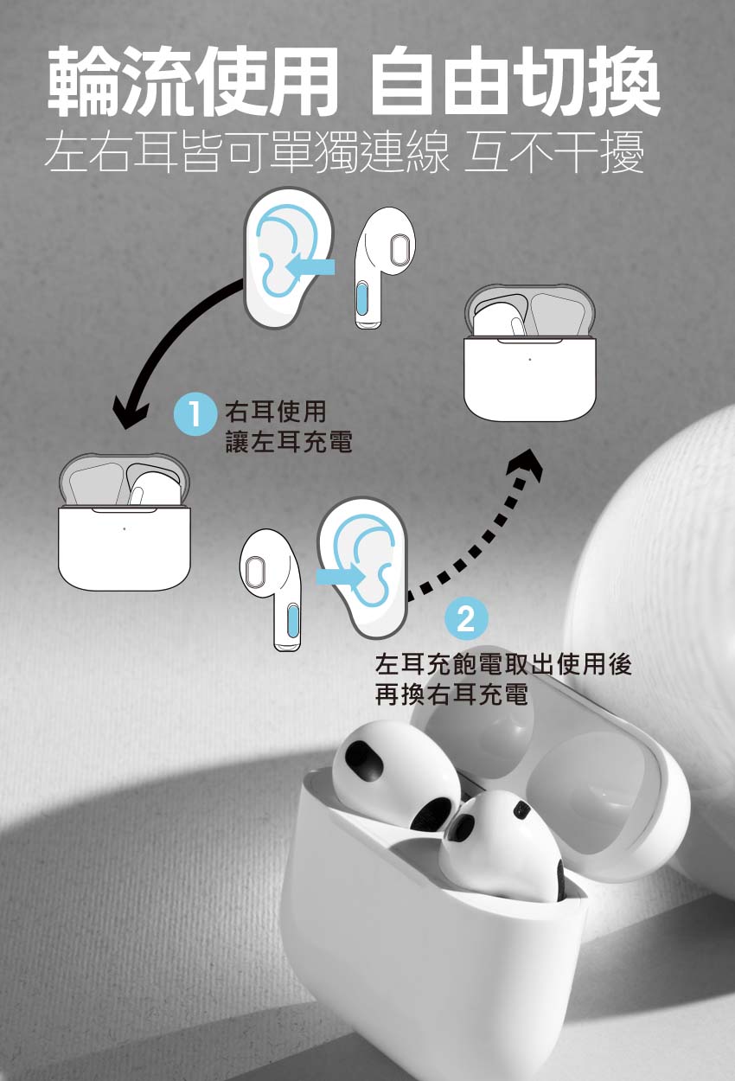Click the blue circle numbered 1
point(195,413)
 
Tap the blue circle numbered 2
point(466,617)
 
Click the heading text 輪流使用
point(194,80)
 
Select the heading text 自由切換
point(515,80)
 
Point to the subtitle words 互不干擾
point(554,152)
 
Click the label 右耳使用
point(276,411)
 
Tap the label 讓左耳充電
point(289,441)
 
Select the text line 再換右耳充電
point(451,694)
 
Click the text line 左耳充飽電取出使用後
point(503,664)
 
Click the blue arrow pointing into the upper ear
point(310,266)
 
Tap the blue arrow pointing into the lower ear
point(340,576)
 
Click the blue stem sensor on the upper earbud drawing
point(363,298)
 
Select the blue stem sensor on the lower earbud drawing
point(292,622)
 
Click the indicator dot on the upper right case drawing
point(530,359)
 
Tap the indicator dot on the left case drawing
point(125,529)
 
